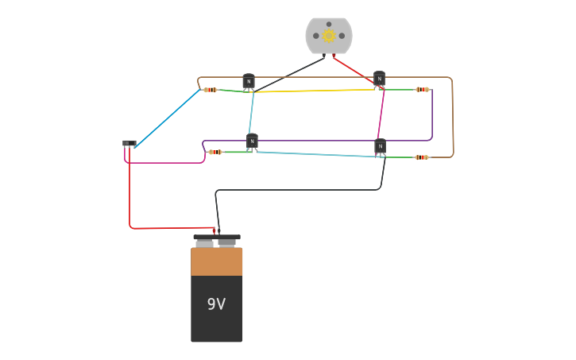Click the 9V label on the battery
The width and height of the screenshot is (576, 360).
tap(216, 304)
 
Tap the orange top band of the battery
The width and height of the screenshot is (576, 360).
tap(216, 261)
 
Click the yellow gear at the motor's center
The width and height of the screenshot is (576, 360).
tap(329, 35)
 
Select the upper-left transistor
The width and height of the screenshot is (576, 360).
tap(249, 81)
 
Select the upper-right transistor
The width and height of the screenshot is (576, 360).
tap(380, 79)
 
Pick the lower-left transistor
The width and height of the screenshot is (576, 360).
tap(252, 141)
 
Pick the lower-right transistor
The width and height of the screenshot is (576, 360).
tap(381, 146)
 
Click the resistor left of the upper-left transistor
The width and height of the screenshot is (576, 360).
tap(210, 90)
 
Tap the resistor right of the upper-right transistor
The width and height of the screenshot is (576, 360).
tap(423, 90)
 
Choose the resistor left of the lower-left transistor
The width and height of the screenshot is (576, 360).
tap(215, 152)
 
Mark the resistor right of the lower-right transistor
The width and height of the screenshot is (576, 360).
tap(422, 157)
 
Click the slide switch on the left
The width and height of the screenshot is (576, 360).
tap(130, 143)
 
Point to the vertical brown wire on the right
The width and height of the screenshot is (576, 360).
tap(453, 119)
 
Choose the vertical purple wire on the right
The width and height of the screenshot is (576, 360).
tap(432, 115)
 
